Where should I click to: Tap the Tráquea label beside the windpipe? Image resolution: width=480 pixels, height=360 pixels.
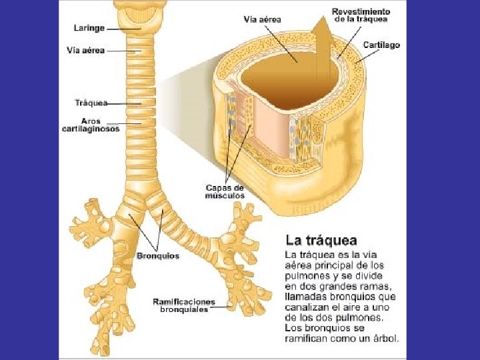(x=91, y=103)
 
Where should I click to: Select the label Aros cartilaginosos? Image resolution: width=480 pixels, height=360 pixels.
(x=91, y=125)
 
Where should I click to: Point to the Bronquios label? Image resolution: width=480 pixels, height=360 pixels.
(x=158, y=256)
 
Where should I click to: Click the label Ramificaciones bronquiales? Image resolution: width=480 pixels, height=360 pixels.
(x=183, y=305)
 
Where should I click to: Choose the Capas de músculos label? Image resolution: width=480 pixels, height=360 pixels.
(x=225, y=192)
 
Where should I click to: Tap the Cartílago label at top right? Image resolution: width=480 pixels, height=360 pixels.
(x=381, y=45)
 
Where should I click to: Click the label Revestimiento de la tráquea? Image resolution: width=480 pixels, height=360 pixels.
(x=361, y=15)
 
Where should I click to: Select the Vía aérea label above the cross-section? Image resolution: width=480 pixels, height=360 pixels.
(x=262, y=19)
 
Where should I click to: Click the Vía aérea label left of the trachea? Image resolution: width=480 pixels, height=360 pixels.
(x=86, y=50)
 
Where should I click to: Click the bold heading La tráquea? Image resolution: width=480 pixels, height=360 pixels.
(x=321, y=240)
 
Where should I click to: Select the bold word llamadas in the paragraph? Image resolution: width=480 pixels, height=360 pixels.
(x=307, y=297)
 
